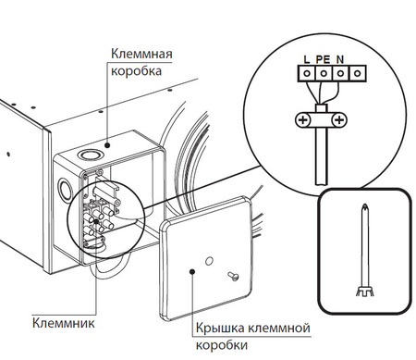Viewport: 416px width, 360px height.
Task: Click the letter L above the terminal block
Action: (x=306, y=59)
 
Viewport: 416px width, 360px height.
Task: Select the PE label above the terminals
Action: (x=323, y=59)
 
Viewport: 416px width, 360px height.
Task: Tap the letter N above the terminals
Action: (x=340, y=59)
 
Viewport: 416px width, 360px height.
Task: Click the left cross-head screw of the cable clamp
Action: (x=302, y=120)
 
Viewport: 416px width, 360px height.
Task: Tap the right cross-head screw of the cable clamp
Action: (x=339, y=120)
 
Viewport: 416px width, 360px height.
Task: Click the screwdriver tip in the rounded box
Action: (x=368, y=211)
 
